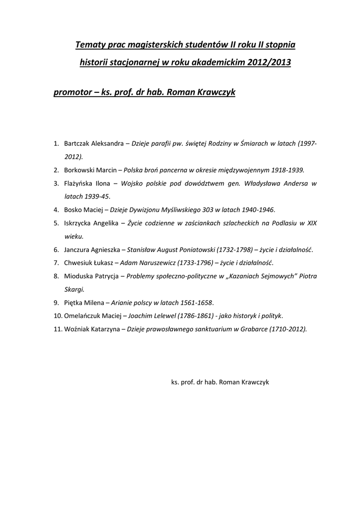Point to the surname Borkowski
click(x=79, y=170)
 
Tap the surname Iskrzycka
click(x=78, y=223)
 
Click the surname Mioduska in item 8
click(x=78, y=275)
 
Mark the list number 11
click(x=57, y=328)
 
